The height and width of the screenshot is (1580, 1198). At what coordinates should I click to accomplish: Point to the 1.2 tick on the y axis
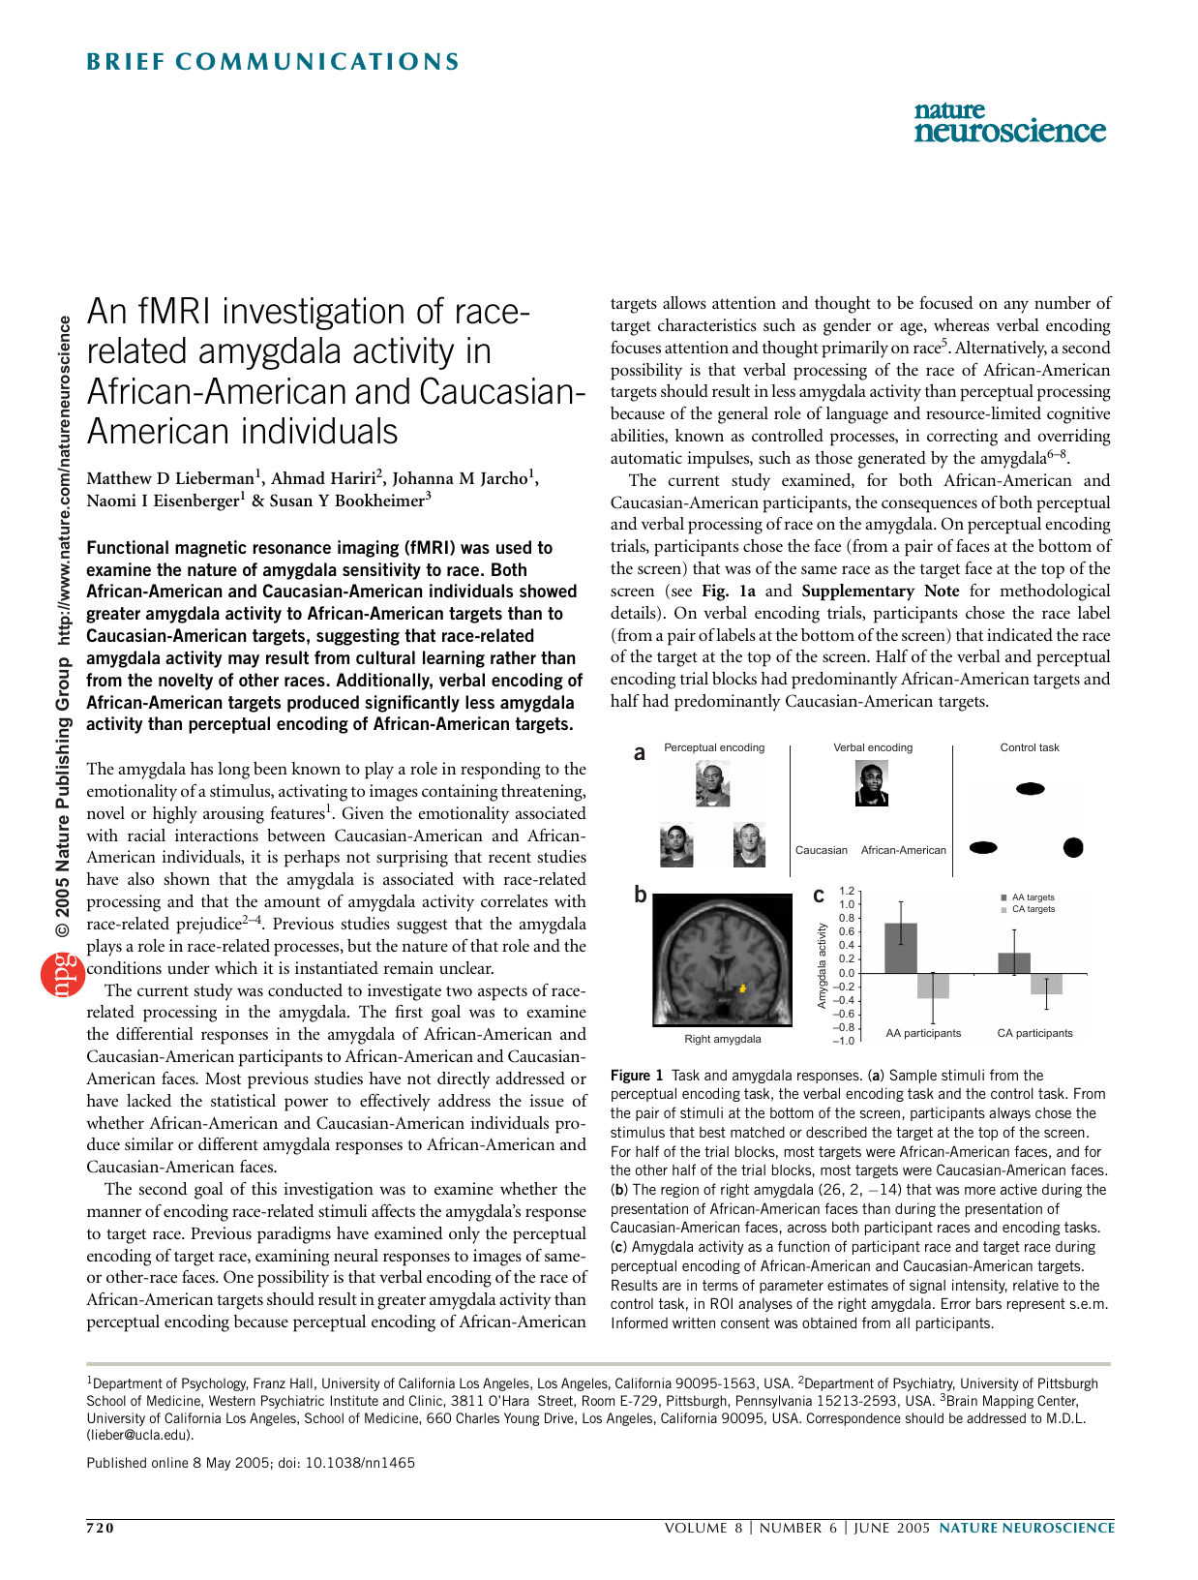pos(847,891)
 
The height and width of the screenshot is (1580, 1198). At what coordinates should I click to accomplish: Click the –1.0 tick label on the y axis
pos(844,1041)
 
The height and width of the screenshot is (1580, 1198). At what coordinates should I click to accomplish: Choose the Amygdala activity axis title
pos(822,965)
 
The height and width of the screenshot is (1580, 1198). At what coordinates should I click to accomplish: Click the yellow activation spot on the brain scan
pos(743,988)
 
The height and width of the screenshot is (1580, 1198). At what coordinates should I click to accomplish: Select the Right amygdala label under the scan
pos(722,1039)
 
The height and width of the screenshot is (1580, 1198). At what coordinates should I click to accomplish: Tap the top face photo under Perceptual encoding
pos(712,784)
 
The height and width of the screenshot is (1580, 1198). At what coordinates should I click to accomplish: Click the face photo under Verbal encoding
pos(872,783)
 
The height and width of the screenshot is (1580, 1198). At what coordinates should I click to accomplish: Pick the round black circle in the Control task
pos(1073,847)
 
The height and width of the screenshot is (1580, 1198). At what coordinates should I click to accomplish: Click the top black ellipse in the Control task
pos(1030,789)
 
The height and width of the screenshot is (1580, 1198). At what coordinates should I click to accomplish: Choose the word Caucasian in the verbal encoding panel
pos(821,850)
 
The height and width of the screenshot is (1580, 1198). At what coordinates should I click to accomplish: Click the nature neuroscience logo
pos(1009,122)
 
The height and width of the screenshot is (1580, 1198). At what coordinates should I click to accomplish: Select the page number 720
pos(101,1528)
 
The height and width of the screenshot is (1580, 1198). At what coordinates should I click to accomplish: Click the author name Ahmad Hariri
pos(323,477)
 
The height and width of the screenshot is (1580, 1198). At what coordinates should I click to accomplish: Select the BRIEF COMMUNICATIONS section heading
pos(273,62)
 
